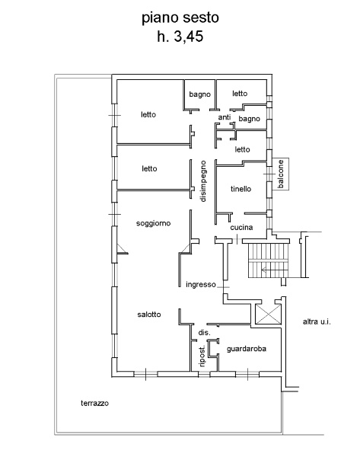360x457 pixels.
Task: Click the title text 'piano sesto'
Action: [180, 18]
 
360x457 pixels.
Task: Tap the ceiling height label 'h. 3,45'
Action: [180, 37]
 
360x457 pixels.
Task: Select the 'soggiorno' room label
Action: [153, 223]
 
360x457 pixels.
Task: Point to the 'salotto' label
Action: [149, 314]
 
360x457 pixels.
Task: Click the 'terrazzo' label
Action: [94, 403]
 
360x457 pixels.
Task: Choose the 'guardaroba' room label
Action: [247, 349]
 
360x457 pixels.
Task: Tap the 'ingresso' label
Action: [201, 284]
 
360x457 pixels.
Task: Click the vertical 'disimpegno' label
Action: [203, 181]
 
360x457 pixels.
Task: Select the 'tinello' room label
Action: [241, 189]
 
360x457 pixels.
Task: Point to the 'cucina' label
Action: [241, 227]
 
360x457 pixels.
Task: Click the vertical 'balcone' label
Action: [281, 174]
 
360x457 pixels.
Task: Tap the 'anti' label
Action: [225, 117]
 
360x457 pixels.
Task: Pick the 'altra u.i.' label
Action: [317, 321]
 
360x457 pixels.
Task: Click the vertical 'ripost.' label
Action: [202, 356]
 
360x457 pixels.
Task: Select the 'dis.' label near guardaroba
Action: [204, 333]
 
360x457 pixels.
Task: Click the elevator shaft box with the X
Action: [268, 314]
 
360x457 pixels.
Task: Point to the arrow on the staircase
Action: [275, 270]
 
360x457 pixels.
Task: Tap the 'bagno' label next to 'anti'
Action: [250, 119]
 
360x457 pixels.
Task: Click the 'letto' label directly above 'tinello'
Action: [242, 149]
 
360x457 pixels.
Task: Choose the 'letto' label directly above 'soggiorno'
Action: [149, 168]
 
